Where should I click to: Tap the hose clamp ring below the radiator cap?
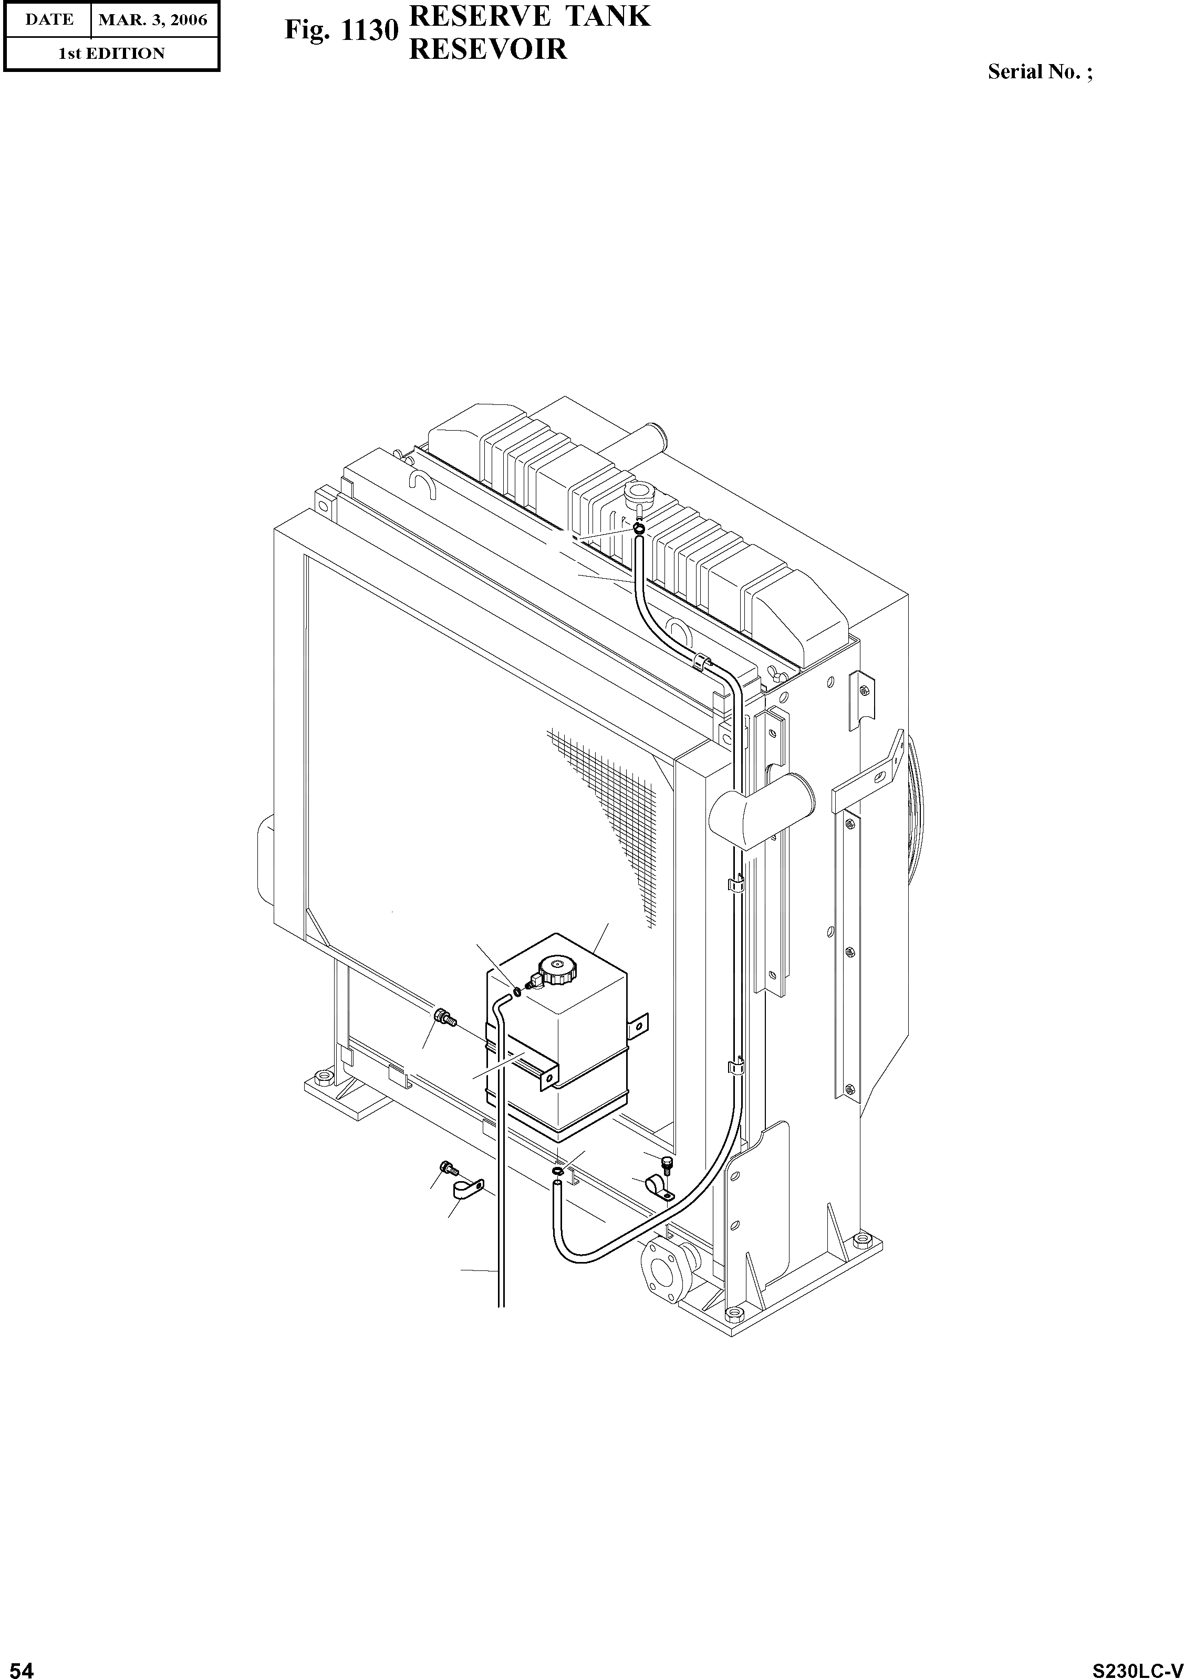click(639, 528)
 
